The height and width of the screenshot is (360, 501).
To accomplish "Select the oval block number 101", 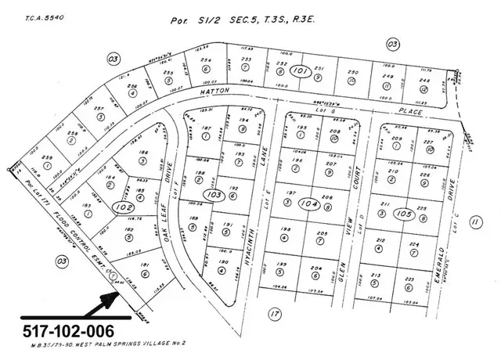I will click(299, 71).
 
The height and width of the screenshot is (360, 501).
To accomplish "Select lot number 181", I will click(145, 265).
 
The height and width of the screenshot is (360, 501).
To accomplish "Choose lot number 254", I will click(206, 60).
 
